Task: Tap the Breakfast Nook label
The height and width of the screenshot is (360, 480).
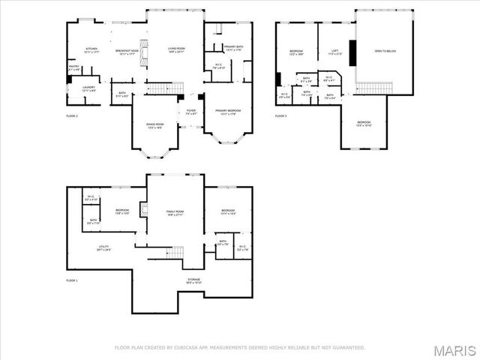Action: tap(126, 50)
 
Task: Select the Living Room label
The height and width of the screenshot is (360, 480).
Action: tap(175, 50)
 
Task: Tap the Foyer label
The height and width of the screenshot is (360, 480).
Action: tap(190, 112)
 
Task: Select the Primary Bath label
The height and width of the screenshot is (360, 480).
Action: tap(234, 48)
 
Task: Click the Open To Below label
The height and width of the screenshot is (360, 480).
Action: tap(383, 51)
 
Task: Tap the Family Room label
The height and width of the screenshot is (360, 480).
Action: tap(175, 213)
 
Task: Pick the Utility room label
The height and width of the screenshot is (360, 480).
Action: tap(103, 247)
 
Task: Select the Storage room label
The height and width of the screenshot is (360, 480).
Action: tap(193, 280)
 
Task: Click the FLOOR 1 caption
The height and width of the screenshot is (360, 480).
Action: tap(72, 280)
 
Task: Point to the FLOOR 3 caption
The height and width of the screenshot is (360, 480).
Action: tap(280, 116)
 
